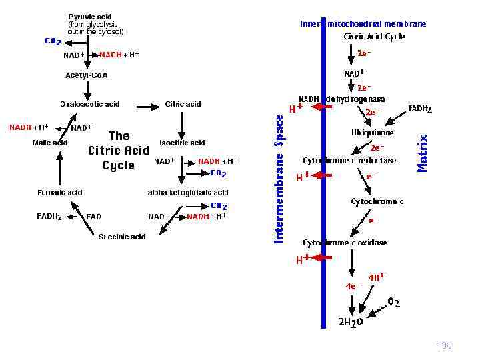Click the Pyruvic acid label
point(90,16)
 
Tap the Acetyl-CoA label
point(86,75)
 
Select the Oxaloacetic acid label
point(89,104)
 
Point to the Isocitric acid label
point(182,143)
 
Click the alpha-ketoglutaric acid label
point(188,193)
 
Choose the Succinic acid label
point(122,237)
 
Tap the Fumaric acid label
point(59,193)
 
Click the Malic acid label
point(50,143)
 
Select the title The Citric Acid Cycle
point(119,151)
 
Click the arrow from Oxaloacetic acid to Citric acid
point(146,105)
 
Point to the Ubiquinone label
point(372,133)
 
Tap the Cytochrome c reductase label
point(349,161)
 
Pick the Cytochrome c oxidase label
point(345,243)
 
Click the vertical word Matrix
point(422,153)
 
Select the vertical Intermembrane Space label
point(280,177)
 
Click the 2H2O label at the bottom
point(350,322)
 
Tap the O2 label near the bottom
point(394,303)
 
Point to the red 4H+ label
point(377,277)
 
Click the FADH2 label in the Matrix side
point(420,109)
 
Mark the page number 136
point(443,345)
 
